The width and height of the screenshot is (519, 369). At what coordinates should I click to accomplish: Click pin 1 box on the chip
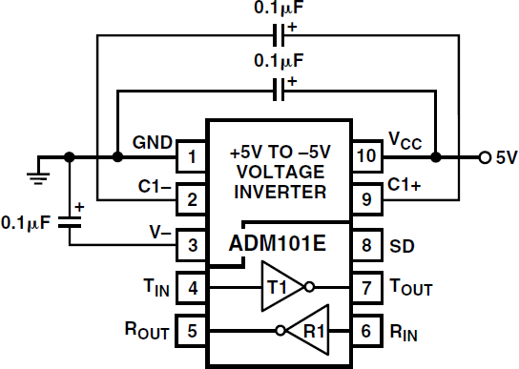tap(192, 155)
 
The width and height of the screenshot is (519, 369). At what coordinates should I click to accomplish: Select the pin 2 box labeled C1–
tap(192, 200)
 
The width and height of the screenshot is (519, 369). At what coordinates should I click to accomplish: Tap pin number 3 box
tap(192, 245)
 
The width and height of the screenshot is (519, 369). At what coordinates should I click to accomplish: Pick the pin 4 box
tap(192, 287)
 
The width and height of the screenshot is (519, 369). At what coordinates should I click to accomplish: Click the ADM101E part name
tap(278, 243)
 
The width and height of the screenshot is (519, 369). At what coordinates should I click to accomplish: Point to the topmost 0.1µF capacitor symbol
tap(279, 37)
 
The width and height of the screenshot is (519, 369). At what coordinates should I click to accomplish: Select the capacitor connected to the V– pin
tap(70, 221)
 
